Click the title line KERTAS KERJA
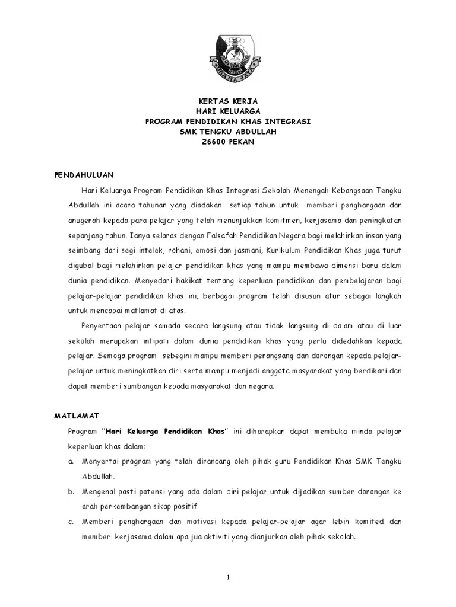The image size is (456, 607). point(228,101)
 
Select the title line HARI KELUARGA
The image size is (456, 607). point(228,111)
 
